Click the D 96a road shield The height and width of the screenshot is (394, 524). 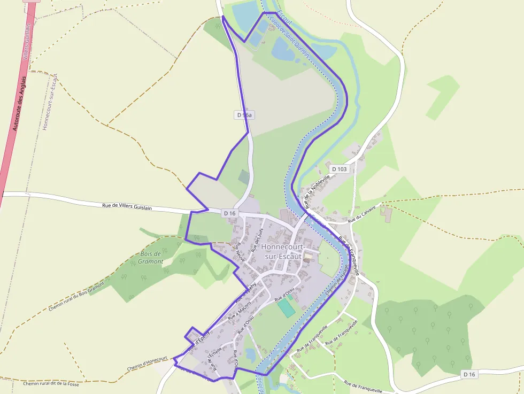click(x=244, y=115)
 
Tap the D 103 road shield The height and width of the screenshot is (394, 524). click(x=339, y=169)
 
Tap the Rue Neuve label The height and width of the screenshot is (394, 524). click(x=240, y=252)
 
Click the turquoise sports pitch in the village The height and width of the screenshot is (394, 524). click(x=286, y=307)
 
